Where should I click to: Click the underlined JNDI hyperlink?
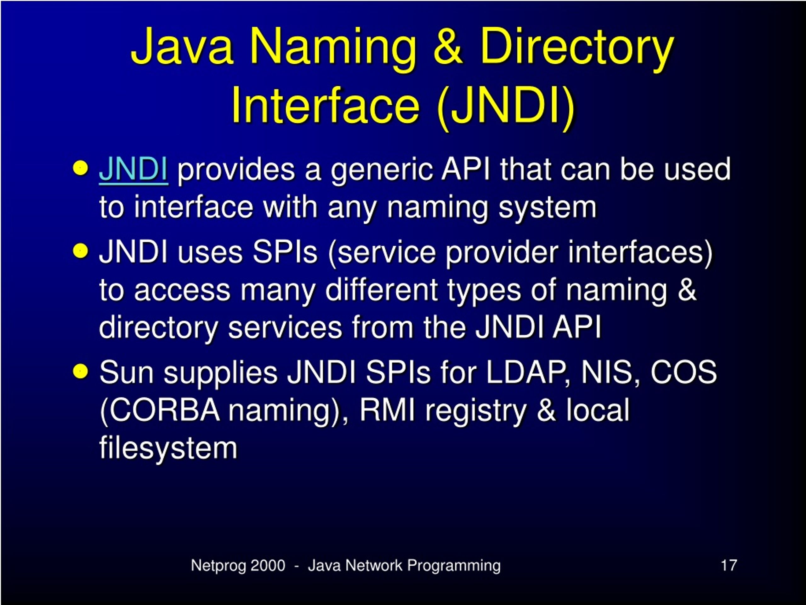coord(133,169)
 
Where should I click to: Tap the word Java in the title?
coord(182,47)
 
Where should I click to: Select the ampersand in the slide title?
coord(448,47)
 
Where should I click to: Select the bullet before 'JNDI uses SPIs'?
coord(81,251)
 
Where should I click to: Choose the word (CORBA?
coord(160,411)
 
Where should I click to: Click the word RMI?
coord(387,410)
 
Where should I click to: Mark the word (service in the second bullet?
coord(382,252)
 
